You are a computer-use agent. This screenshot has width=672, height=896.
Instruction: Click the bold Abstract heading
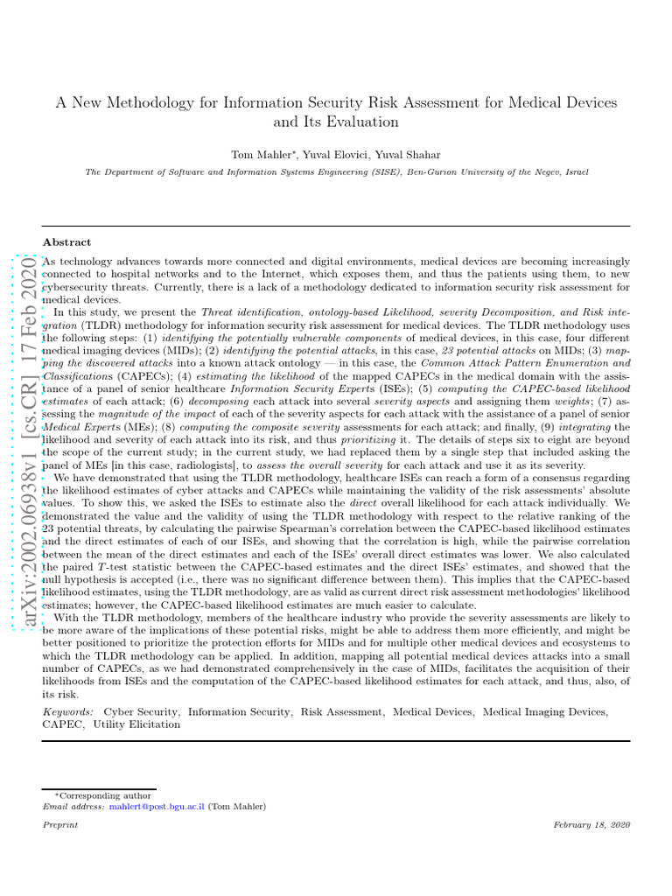coord(66,241)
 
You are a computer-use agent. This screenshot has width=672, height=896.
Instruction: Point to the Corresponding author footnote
coord(104,795)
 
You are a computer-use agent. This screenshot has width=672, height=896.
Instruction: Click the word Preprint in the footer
coord(60,825)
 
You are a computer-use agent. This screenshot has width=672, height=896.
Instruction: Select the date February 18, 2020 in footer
coord(591,825)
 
